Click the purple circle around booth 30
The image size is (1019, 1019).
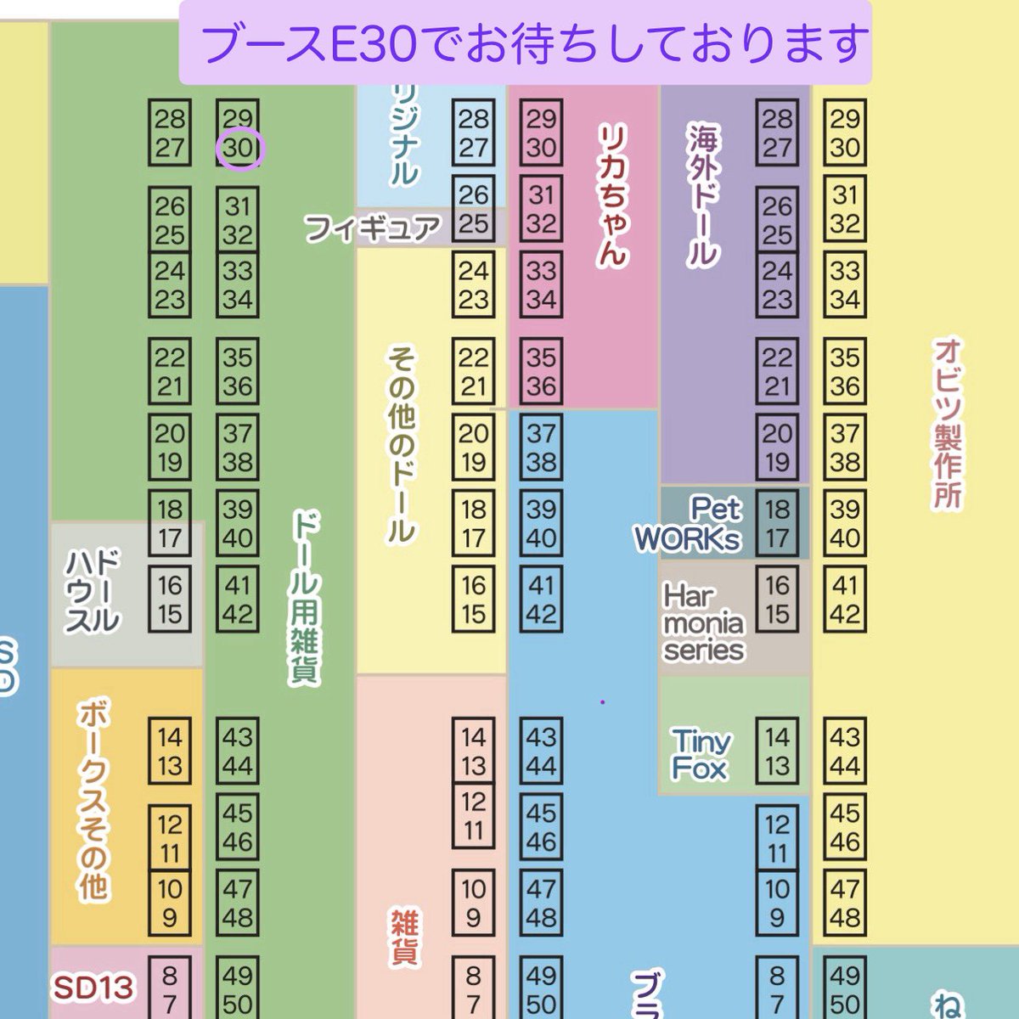coord(241,149)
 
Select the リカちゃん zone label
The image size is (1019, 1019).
coord(611,195)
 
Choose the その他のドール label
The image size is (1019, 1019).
coord(401,447)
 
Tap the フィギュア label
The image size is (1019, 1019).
coord(373,228)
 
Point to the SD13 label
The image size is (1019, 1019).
coord(94,987)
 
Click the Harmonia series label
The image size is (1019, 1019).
coord(703,622)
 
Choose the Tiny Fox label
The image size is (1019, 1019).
coord(700,754)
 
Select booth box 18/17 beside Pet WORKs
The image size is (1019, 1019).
coord(776,523)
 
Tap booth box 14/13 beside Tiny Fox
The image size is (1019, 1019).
coord(776,751)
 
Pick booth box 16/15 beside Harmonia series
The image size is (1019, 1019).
coord(776,600)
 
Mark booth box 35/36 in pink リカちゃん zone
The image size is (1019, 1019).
coord(541,371)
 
